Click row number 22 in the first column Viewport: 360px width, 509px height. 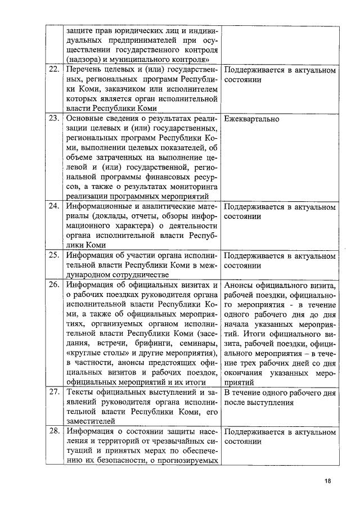(x=53, y=70)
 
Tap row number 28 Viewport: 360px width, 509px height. (x=53, y=431)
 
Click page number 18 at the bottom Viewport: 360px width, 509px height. (x=328, y=481)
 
